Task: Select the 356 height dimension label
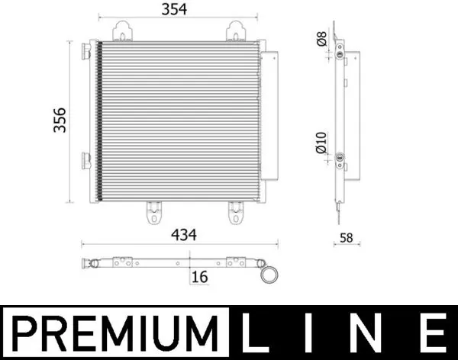60,120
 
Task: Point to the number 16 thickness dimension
200,277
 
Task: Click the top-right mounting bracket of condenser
234,31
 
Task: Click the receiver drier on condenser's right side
269,114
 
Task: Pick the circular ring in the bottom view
269,273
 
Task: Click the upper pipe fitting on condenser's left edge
86,51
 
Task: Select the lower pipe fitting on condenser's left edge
86,159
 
